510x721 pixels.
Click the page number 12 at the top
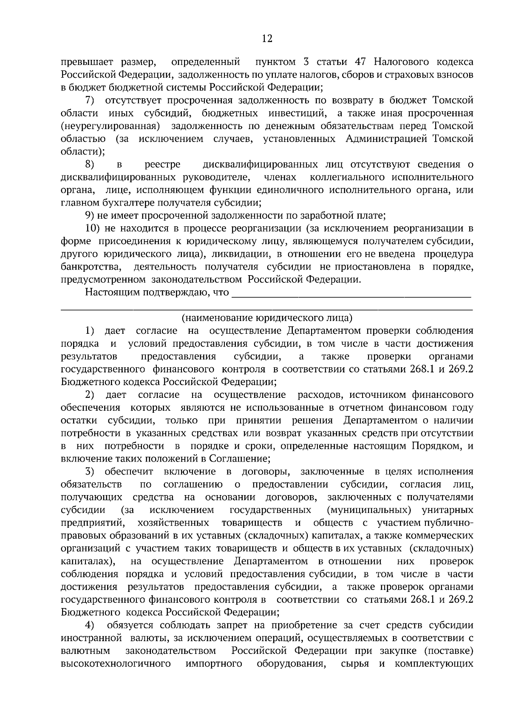267,39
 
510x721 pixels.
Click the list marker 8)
90,164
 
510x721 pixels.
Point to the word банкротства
90,267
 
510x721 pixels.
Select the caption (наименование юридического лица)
267,318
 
